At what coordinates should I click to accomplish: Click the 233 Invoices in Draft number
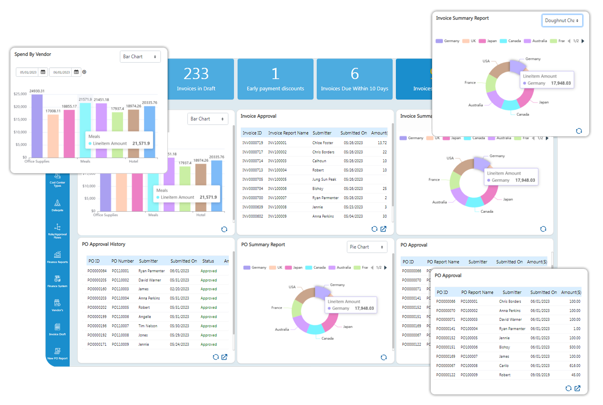tap(196, 74)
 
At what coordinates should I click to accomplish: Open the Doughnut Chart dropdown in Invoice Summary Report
tap(562, 20)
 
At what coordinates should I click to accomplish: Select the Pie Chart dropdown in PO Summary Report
tap(367, 247)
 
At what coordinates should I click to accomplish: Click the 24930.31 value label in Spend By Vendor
tap(37, 91)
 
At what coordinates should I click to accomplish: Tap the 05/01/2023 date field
tap(28, 72)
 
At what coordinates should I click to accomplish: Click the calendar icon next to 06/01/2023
tap(76, 72)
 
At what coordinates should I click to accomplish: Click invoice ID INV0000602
tap(252, 216)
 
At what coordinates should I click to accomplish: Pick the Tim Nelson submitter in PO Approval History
tap(148, 326)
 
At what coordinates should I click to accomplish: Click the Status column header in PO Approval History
tap(208, 261)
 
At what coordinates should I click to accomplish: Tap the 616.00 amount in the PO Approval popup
tap(574, 366)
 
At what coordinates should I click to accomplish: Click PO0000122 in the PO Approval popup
tap(445, 375)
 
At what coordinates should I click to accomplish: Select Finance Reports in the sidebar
tap(57, 257)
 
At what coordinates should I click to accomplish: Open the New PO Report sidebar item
tap(57, 353)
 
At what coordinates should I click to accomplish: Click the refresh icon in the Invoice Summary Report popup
tap(578, 131)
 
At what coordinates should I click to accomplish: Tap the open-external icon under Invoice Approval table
tap(383, 229)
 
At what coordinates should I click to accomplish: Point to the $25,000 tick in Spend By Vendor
tap(20, 94)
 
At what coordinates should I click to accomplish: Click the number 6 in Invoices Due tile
tap(354, 74)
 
